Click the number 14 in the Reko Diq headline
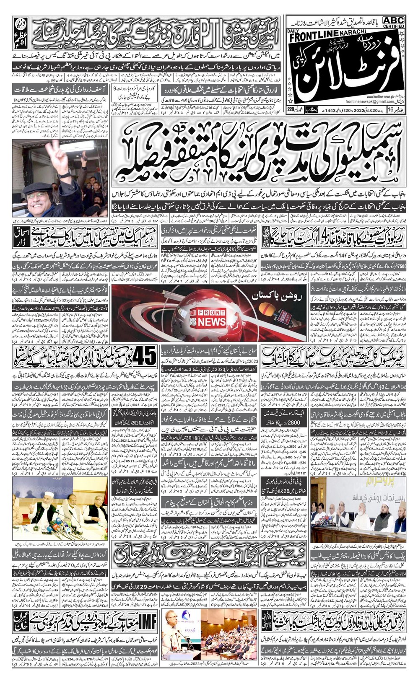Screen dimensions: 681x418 coord(322,238)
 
